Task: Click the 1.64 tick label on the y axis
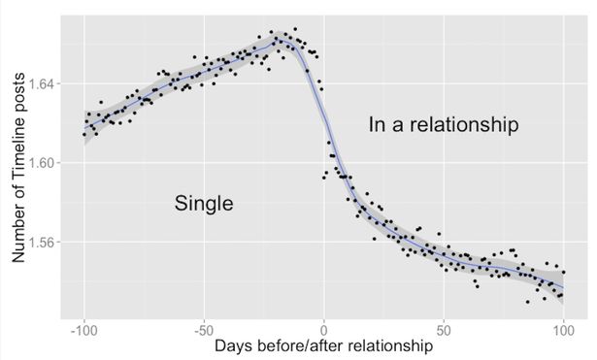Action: tap(43, 83)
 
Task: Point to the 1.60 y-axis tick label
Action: tap(43, 163)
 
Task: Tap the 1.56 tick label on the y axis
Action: tap(43, 242)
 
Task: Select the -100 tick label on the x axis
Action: tap(84, 330)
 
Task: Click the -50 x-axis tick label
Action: tap(204, 330)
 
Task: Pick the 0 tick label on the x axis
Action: tap(324, 330)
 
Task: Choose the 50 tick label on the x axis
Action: tap(444, 330)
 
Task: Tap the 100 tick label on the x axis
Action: tap(563, 330)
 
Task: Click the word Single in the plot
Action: tap(204, 204)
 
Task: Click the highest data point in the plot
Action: tap(295, 29)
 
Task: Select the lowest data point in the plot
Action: tap(527, 302)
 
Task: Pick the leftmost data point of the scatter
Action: tap(84, 134)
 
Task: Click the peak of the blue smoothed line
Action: tap(281, 40)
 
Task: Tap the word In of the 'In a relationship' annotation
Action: tap(376, 125)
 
